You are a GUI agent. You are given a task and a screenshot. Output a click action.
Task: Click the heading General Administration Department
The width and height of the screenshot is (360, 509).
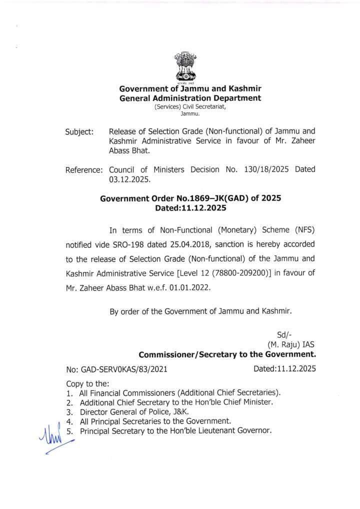coord(190,98)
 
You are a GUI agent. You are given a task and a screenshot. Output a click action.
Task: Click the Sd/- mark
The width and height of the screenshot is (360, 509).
coord(284,335)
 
